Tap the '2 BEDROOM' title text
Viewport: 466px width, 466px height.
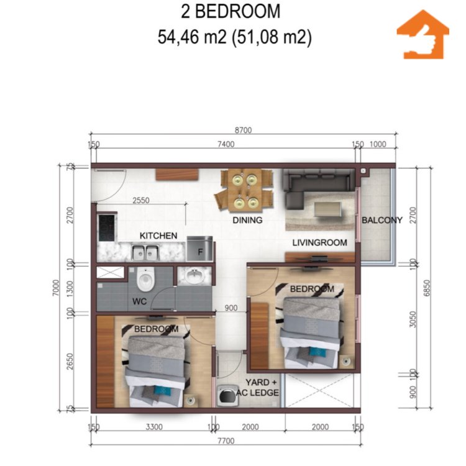(231, 11)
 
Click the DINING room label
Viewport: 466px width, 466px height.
(247, 220)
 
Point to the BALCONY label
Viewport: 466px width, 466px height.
(382, 220)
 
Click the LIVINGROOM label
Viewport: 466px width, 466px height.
(321, 242)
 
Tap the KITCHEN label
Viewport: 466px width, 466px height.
(158, 236)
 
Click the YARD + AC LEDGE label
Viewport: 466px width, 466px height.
(262, 388)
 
